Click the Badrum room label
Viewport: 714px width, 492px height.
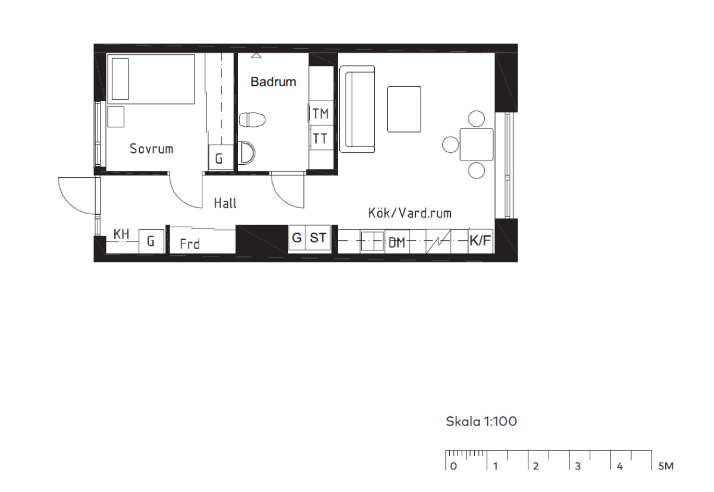273,82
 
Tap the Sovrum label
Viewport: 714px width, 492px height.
151,149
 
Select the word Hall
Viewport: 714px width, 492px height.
225,203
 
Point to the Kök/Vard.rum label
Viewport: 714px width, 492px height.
409,213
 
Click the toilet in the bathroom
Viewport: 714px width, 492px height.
252,120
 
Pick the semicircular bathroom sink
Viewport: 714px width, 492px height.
247,153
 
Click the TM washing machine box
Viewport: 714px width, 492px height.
321,113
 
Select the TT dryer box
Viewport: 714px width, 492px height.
321,138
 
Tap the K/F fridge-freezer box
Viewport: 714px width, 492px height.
480,241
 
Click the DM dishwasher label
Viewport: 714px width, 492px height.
397,243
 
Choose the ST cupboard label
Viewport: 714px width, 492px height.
318,238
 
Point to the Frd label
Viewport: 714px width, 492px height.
190,244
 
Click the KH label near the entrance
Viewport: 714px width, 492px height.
121,234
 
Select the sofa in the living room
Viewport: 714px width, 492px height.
357,109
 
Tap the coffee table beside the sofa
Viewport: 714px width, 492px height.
404,109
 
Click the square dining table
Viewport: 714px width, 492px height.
477,145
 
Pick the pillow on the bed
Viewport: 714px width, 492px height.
120,79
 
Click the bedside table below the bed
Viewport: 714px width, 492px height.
115,117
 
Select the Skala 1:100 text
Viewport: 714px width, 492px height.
481,422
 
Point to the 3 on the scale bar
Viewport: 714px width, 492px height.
578,466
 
